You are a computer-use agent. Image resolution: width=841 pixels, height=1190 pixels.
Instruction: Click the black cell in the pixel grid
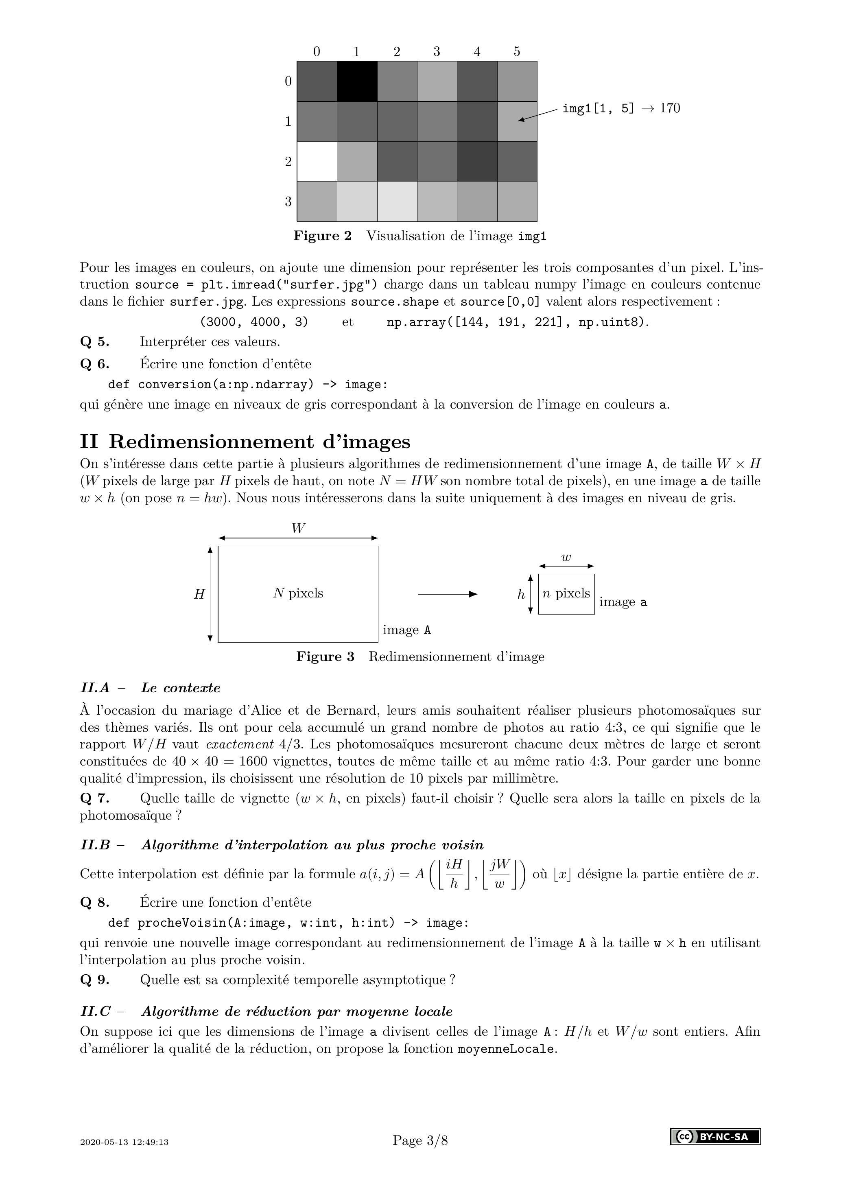(x=356, y=81)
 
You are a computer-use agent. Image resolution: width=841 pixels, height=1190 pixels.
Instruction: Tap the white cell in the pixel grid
(x=317, y=161)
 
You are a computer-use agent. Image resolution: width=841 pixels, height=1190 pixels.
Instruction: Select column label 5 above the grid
(x=517, y=51)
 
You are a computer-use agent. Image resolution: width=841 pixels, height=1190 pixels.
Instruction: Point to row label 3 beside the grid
(x=288, y=201)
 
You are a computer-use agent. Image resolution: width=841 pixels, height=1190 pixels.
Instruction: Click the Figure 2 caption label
(x=322, y=236)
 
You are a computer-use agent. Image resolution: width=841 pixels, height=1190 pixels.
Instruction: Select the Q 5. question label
(x=94, y=342)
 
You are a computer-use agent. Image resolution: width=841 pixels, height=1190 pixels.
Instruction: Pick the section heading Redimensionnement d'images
(x=259, y=442)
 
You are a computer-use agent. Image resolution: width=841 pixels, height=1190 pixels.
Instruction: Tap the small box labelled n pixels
(x=566, y=594)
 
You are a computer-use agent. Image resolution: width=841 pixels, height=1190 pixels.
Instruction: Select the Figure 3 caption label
(x=325, y=657)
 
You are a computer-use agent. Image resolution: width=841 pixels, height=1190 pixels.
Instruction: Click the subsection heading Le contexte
(x=180, y=688)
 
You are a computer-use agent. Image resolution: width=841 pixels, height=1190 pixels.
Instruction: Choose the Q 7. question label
(x=94, y=798)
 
